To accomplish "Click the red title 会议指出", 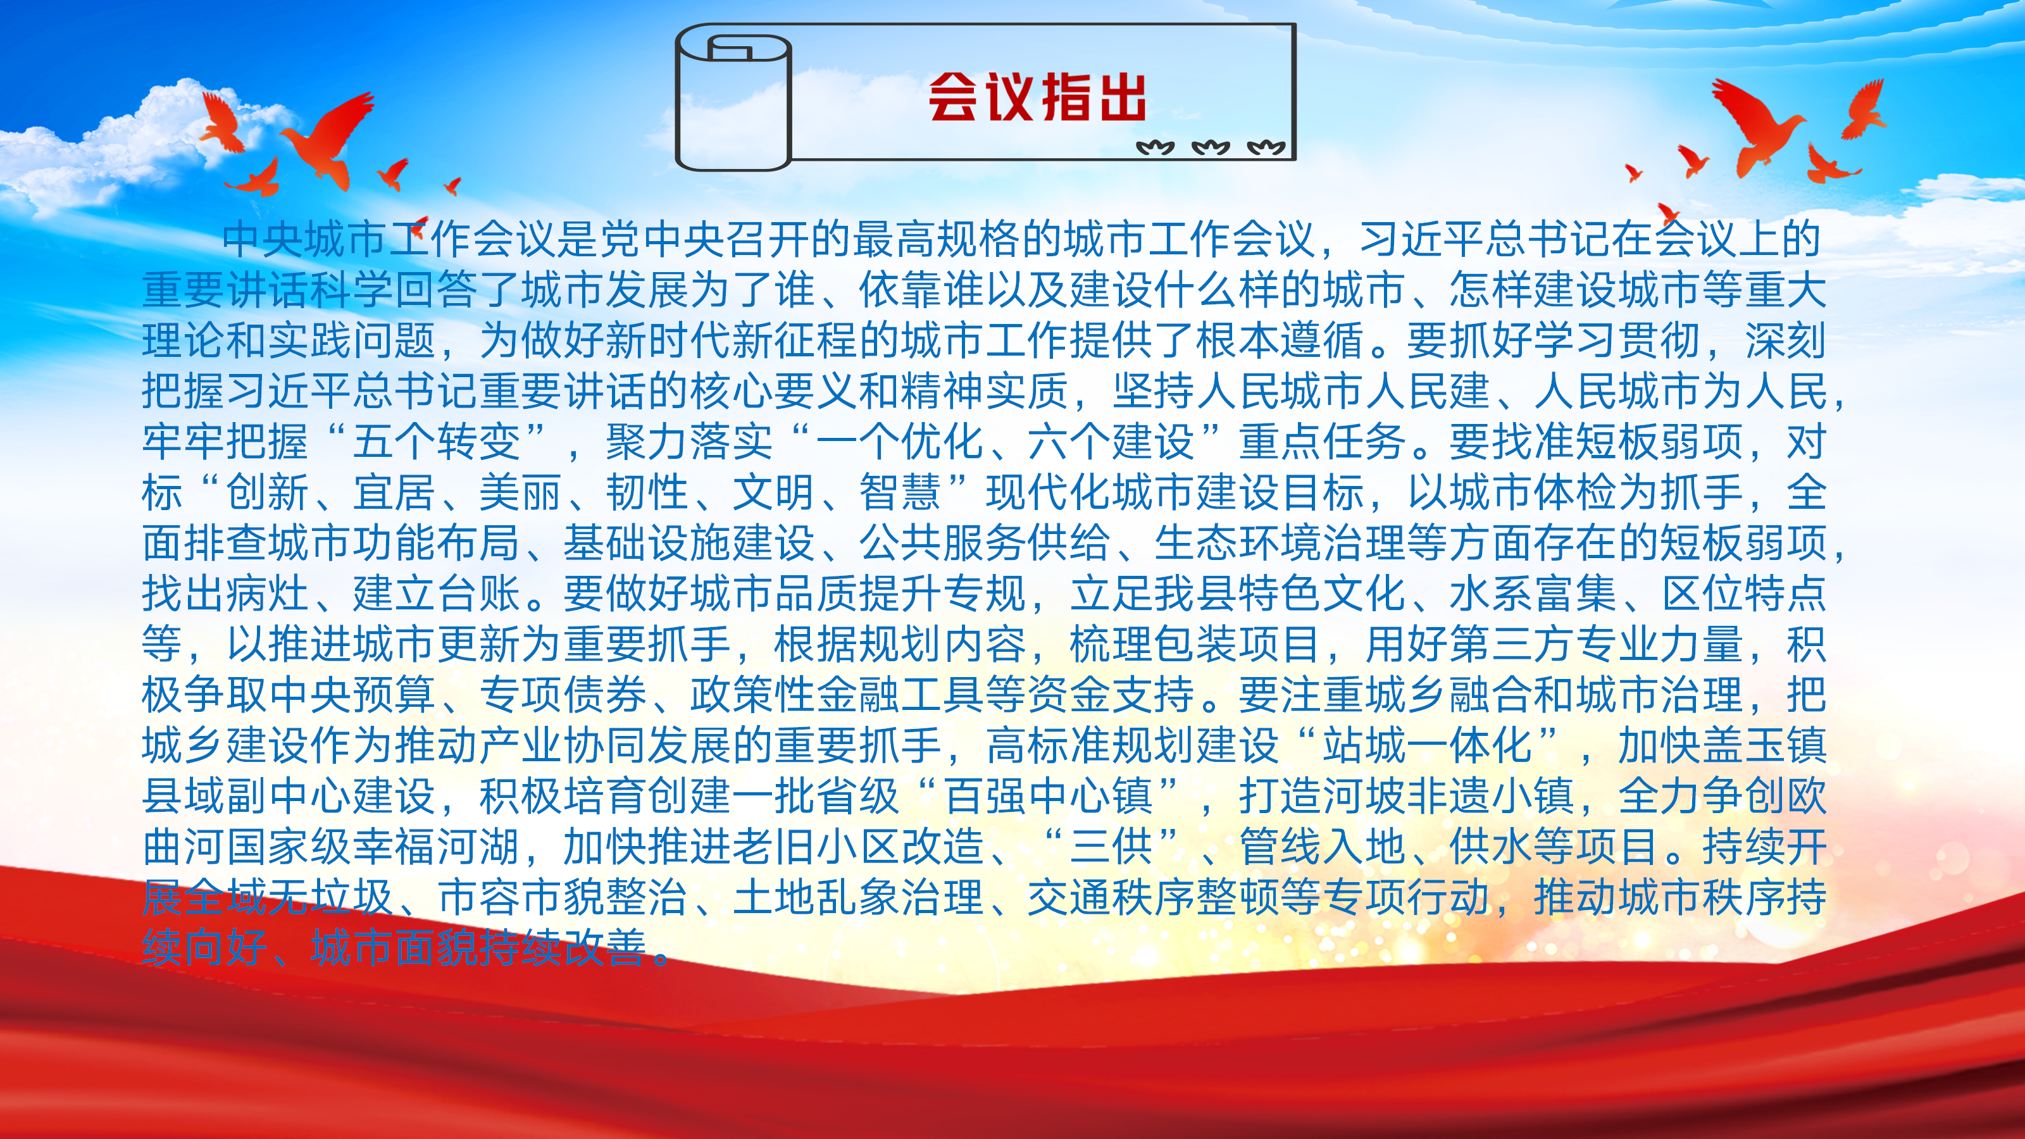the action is (1037, 97).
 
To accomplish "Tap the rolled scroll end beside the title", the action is (733, 101).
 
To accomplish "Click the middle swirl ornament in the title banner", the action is (1211, 147).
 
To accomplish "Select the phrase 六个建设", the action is (1112, 442).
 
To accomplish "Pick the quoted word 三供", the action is (1112, 847).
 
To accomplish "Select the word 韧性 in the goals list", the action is (647, 492).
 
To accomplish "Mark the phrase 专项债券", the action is (563, 695).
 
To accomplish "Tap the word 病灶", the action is (267, 594).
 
